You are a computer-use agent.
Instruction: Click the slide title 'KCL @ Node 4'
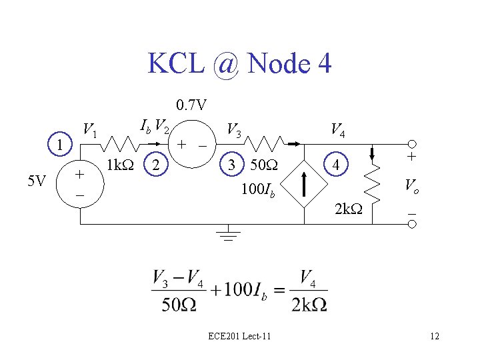(239, 64)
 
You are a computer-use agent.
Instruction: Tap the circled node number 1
(61, 145)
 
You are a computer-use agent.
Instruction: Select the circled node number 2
(155, 164)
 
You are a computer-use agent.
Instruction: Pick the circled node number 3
(230, 164)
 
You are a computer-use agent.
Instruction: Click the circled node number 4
(339, 164)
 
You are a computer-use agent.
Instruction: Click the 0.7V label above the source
(191, 105)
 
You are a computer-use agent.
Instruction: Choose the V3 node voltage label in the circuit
(234, 129)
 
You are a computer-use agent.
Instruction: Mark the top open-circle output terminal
(413, 145)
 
